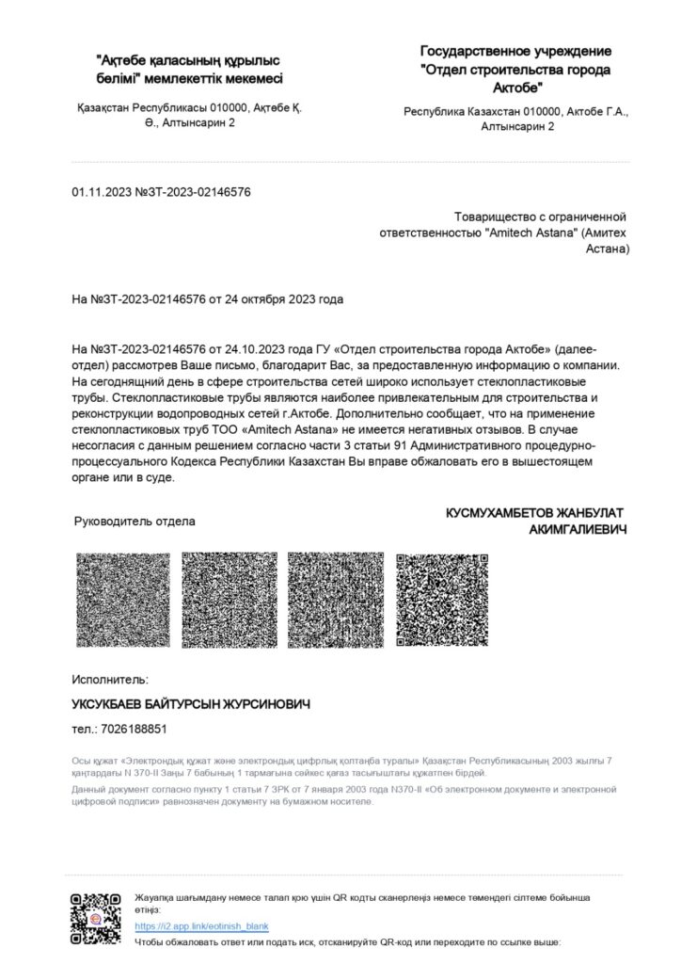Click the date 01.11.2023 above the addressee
(102, 192)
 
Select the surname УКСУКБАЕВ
(114, 704)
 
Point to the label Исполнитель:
(110, 679)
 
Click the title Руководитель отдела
(135, 521)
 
